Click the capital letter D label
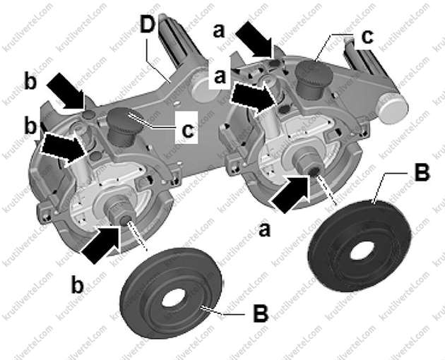click(x=148, y=25)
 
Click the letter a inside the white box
click(x=220, y=76)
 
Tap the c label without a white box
click(x=367, y=37)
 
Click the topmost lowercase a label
click(x=219, y=30)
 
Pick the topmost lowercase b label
click(x=30, y=82)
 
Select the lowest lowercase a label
click(x=264, y=229)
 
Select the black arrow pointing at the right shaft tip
click(x=292, y=193)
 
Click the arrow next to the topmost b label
click(x=66, y=91)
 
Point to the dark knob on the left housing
click(x=124, y=126)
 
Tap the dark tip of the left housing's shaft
click(x=124, y=220)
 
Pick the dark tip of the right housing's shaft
click(x=314, y=171)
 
